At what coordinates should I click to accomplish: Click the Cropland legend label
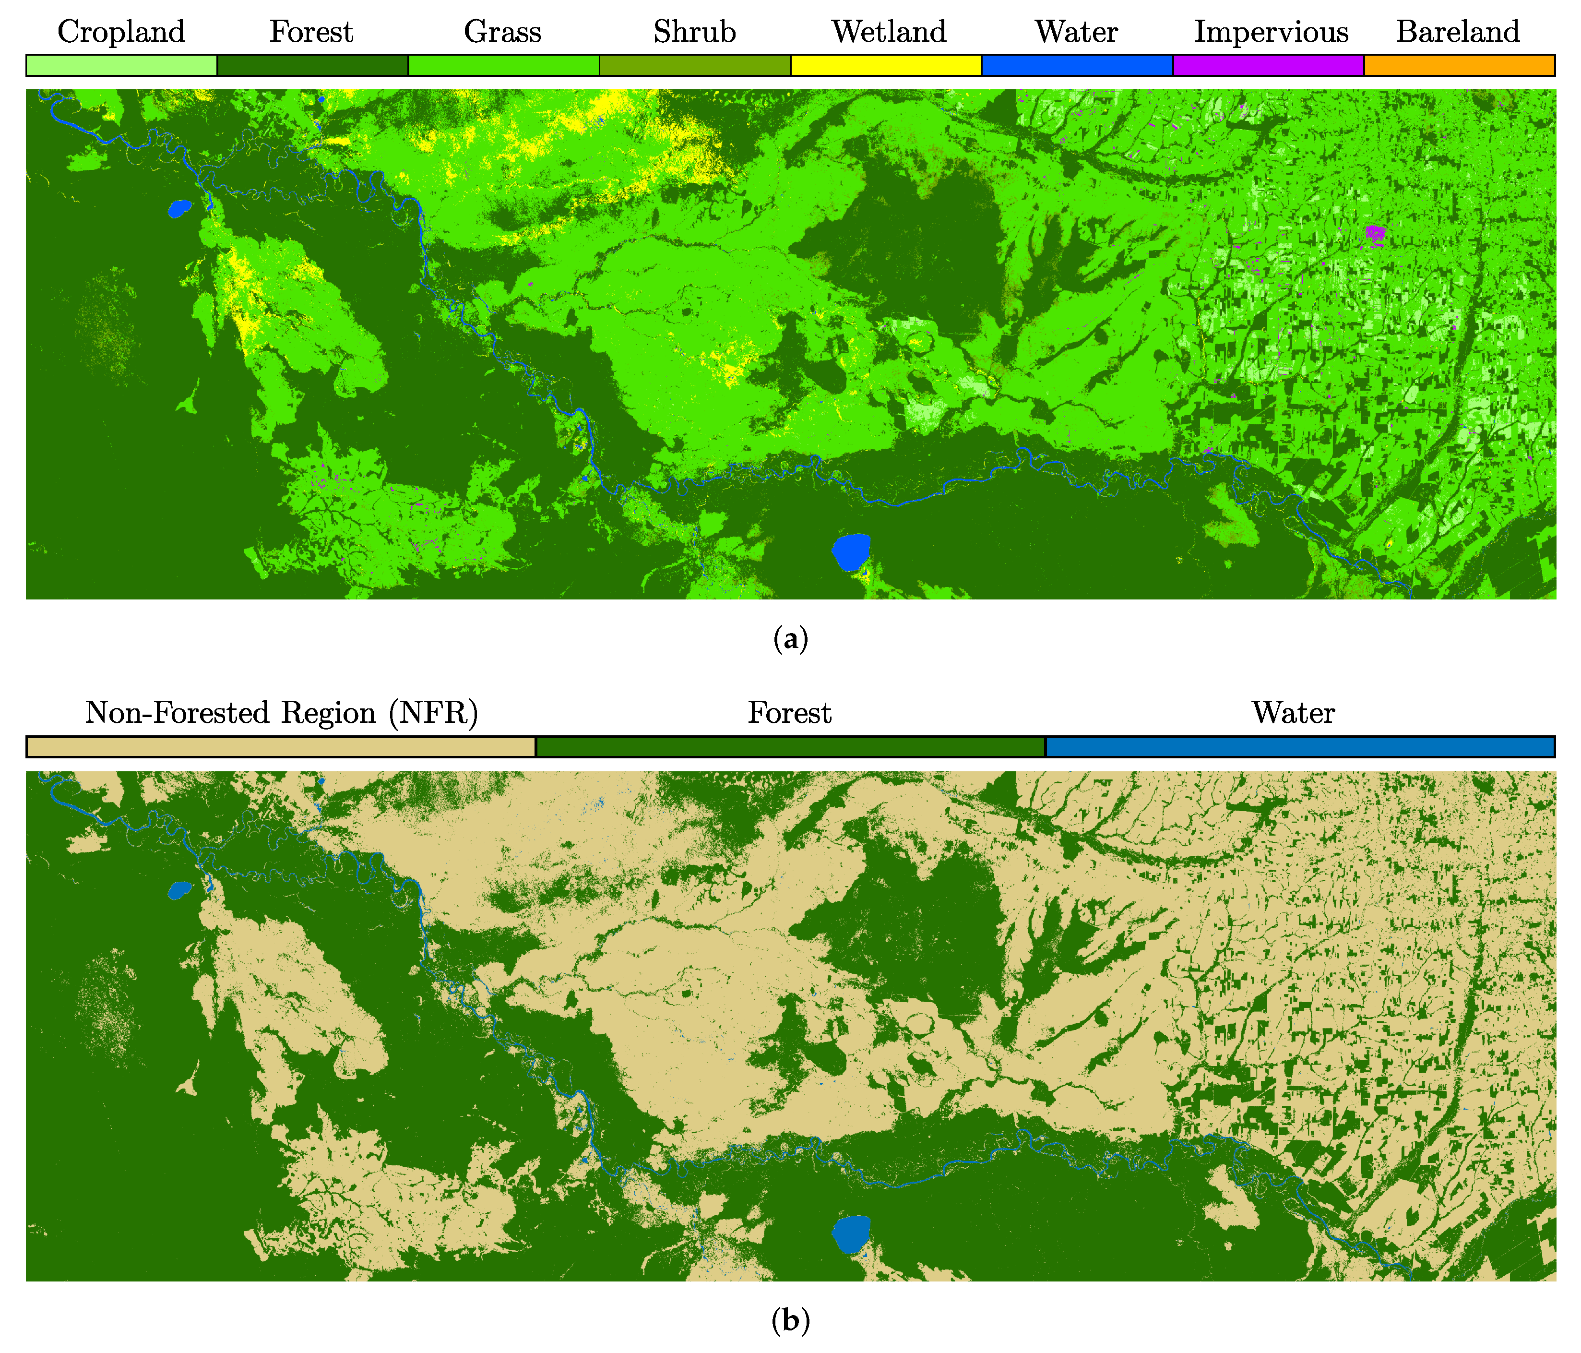click(x=121, y=32)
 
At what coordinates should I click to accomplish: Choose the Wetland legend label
click(x=888, y=32)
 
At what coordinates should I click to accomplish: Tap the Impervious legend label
click(x=1271, y=32)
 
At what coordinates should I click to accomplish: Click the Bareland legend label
click(x=1457, y=32)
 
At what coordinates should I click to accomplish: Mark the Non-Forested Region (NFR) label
click(x=282, y=713)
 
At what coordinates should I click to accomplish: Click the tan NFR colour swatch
click(x=281, y=746)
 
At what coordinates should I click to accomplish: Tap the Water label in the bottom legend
click(x=1293, y=713)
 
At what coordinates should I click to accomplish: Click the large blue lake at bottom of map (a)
click(x=850, y=551)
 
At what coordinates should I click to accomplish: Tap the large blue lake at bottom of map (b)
click(x=850, y=1233)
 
